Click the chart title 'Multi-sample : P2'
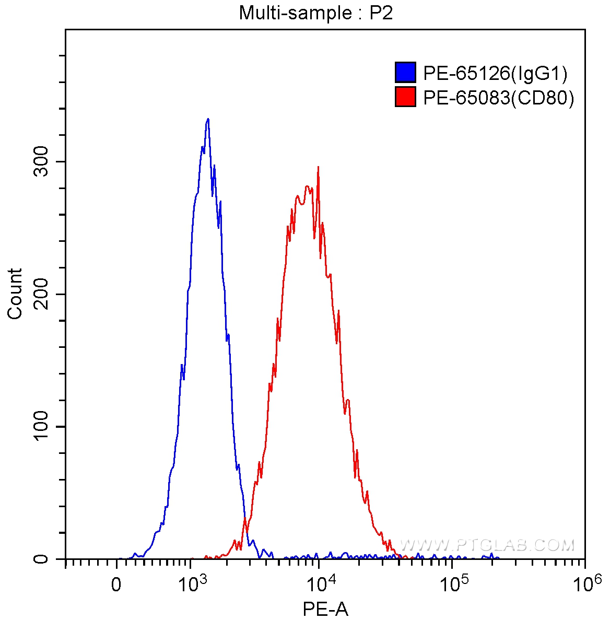[315, 13]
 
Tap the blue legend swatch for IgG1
[405, 73]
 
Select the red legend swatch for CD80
[405, 97]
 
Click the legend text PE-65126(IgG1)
[495, 74]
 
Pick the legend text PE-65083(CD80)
[498, 98]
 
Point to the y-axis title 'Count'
[15, 294]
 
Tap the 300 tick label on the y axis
[42, 162]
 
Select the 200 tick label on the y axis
[42, 294]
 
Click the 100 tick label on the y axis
[42, 427]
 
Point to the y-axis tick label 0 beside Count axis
[42, 559]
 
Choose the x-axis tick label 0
[116, 584]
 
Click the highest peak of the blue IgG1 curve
[208, 119]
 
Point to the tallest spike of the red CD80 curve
[318, 168]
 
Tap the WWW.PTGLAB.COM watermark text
[487, 545]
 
